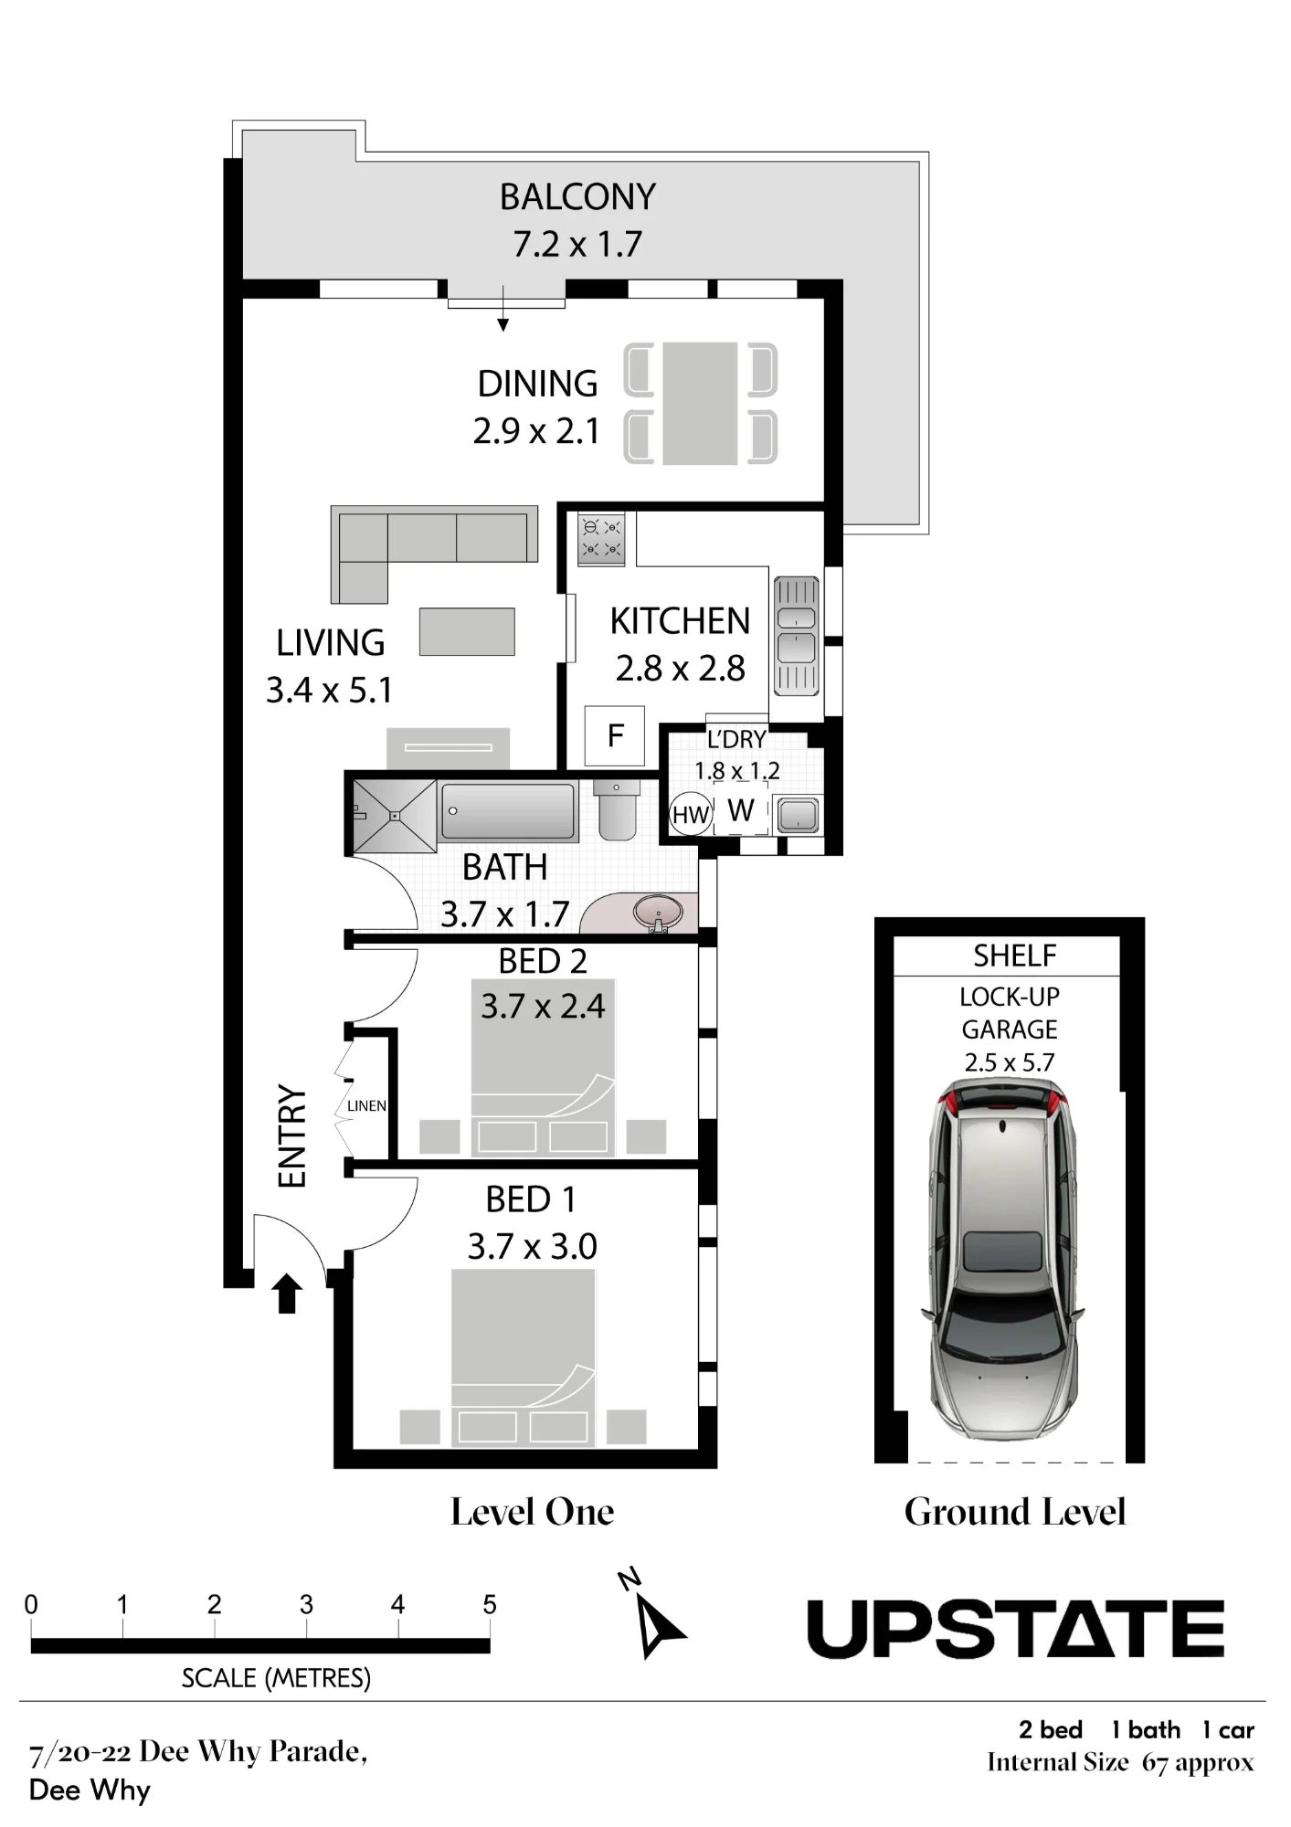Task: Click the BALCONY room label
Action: pyautogui.click(x=577, y=196)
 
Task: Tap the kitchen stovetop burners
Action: pyautogui.click(x=601, y=538)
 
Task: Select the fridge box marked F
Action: pyautogui.click(x=615, y=735)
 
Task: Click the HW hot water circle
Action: pyautogui.click(x=691, y=814)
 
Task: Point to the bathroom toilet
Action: pyautogui.click(x=616, y=809)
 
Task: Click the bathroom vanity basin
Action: pyautogui.click(x=657, y=913)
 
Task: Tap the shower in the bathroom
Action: pyautogui.click(x=395, y=816)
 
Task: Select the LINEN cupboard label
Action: pyautogui.click(x=366, y=1106)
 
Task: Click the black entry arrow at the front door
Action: pyautogui.click(x=288, y=1293)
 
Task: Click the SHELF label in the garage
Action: pyautogui.click(x=1014, y=956)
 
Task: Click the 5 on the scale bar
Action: pyautogui.click(x=490, y=1605)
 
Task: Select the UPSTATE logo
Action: pyautogui.click(x=1015, y=1629)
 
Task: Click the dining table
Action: pyautogui.click(x=700, y=404)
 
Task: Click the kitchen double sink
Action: pyautogui.click(x=796, y=635)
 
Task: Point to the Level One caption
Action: pyautogui.click(x=532, y=1512)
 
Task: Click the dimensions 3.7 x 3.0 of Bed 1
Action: pyautogui.click(x=532, y=1246)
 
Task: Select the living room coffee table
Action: pyautogui.click(x=467, y=631)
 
